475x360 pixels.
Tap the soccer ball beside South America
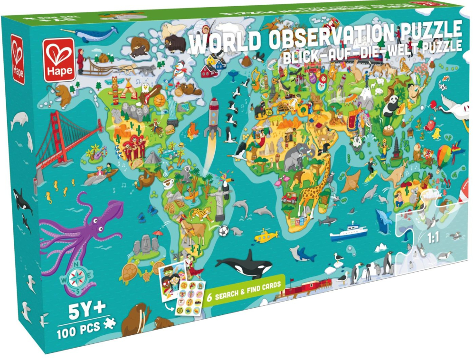click(223, 231)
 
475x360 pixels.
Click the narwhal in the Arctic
click(95, 34)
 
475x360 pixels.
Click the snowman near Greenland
click(180, 71)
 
